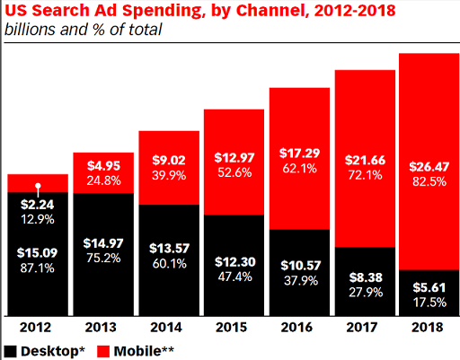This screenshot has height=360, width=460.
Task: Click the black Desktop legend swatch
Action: [x=10, y=349]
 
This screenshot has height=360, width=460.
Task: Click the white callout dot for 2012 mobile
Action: [x=38, y=188]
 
